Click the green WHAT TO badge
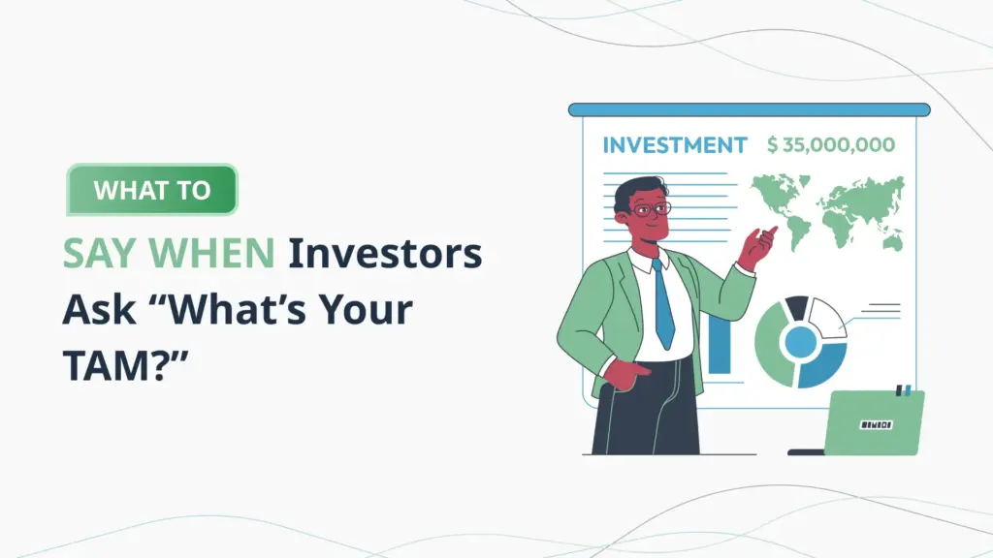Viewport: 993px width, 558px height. (151, 190)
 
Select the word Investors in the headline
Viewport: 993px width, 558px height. (385, 254)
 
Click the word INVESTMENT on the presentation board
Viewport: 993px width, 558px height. (674, 145)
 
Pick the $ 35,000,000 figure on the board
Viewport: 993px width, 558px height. (830, 145)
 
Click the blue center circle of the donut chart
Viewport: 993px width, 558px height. (800, 341)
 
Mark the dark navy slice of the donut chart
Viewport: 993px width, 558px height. (797, 308)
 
